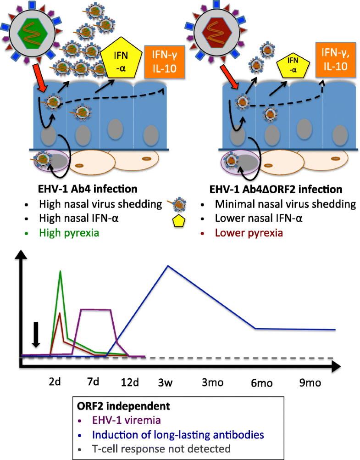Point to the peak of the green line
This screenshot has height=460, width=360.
(x=60, y=271)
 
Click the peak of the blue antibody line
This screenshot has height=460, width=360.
(x=168, y=266)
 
